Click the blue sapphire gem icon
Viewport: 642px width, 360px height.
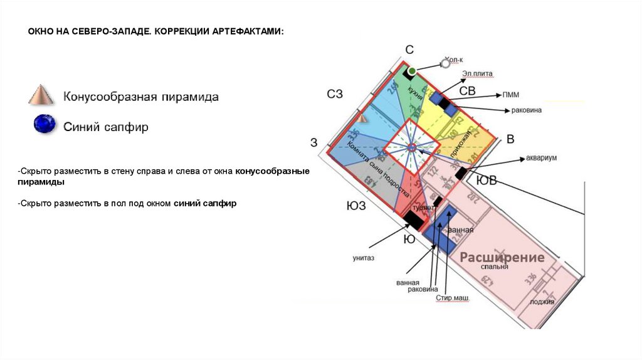[45, 124]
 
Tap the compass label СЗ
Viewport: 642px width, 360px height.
[335, 94]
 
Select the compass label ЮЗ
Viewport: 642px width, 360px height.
[356, 205]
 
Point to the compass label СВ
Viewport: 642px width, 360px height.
[467, 92]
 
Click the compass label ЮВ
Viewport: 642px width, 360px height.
[487, 181]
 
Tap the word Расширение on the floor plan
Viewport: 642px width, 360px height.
[502, 257]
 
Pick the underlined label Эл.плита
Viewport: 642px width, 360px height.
[478, 74]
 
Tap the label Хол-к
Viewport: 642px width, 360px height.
[453, 60]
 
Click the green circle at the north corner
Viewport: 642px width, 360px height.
[412, 71]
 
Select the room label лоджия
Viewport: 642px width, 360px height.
[542, 301]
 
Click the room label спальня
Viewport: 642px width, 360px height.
[494, 267]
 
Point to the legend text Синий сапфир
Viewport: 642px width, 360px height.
[106, 127]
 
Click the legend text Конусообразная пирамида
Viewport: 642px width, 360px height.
[141, 97]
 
